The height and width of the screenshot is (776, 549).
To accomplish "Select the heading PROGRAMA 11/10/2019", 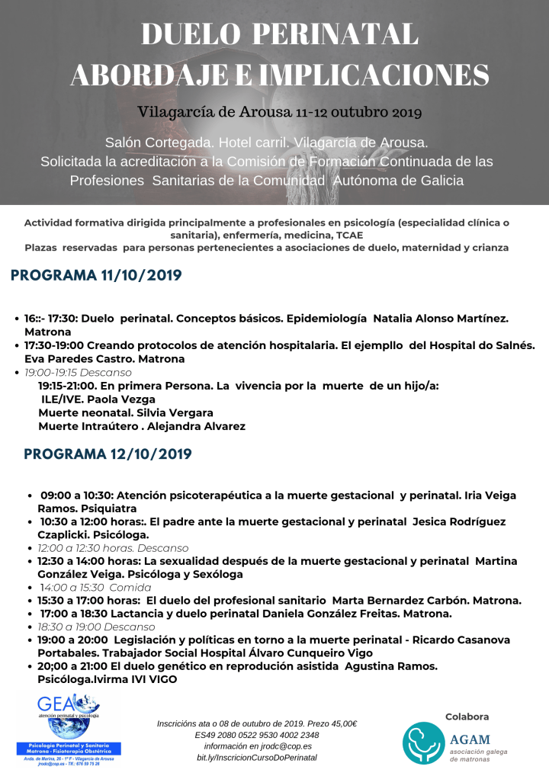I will tap(96, 275).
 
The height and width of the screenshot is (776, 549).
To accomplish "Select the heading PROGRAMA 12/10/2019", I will tap(108, 454).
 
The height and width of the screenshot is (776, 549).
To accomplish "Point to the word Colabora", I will tap(467, 717).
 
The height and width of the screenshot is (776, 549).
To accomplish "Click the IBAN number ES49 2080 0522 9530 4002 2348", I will tap(257, 735).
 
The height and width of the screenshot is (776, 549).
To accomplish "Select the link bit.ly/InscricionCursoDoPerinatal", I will tap(257, 757).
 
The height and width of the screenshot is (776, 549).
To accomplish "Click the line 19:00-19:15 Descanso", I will tap(78, 372).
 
